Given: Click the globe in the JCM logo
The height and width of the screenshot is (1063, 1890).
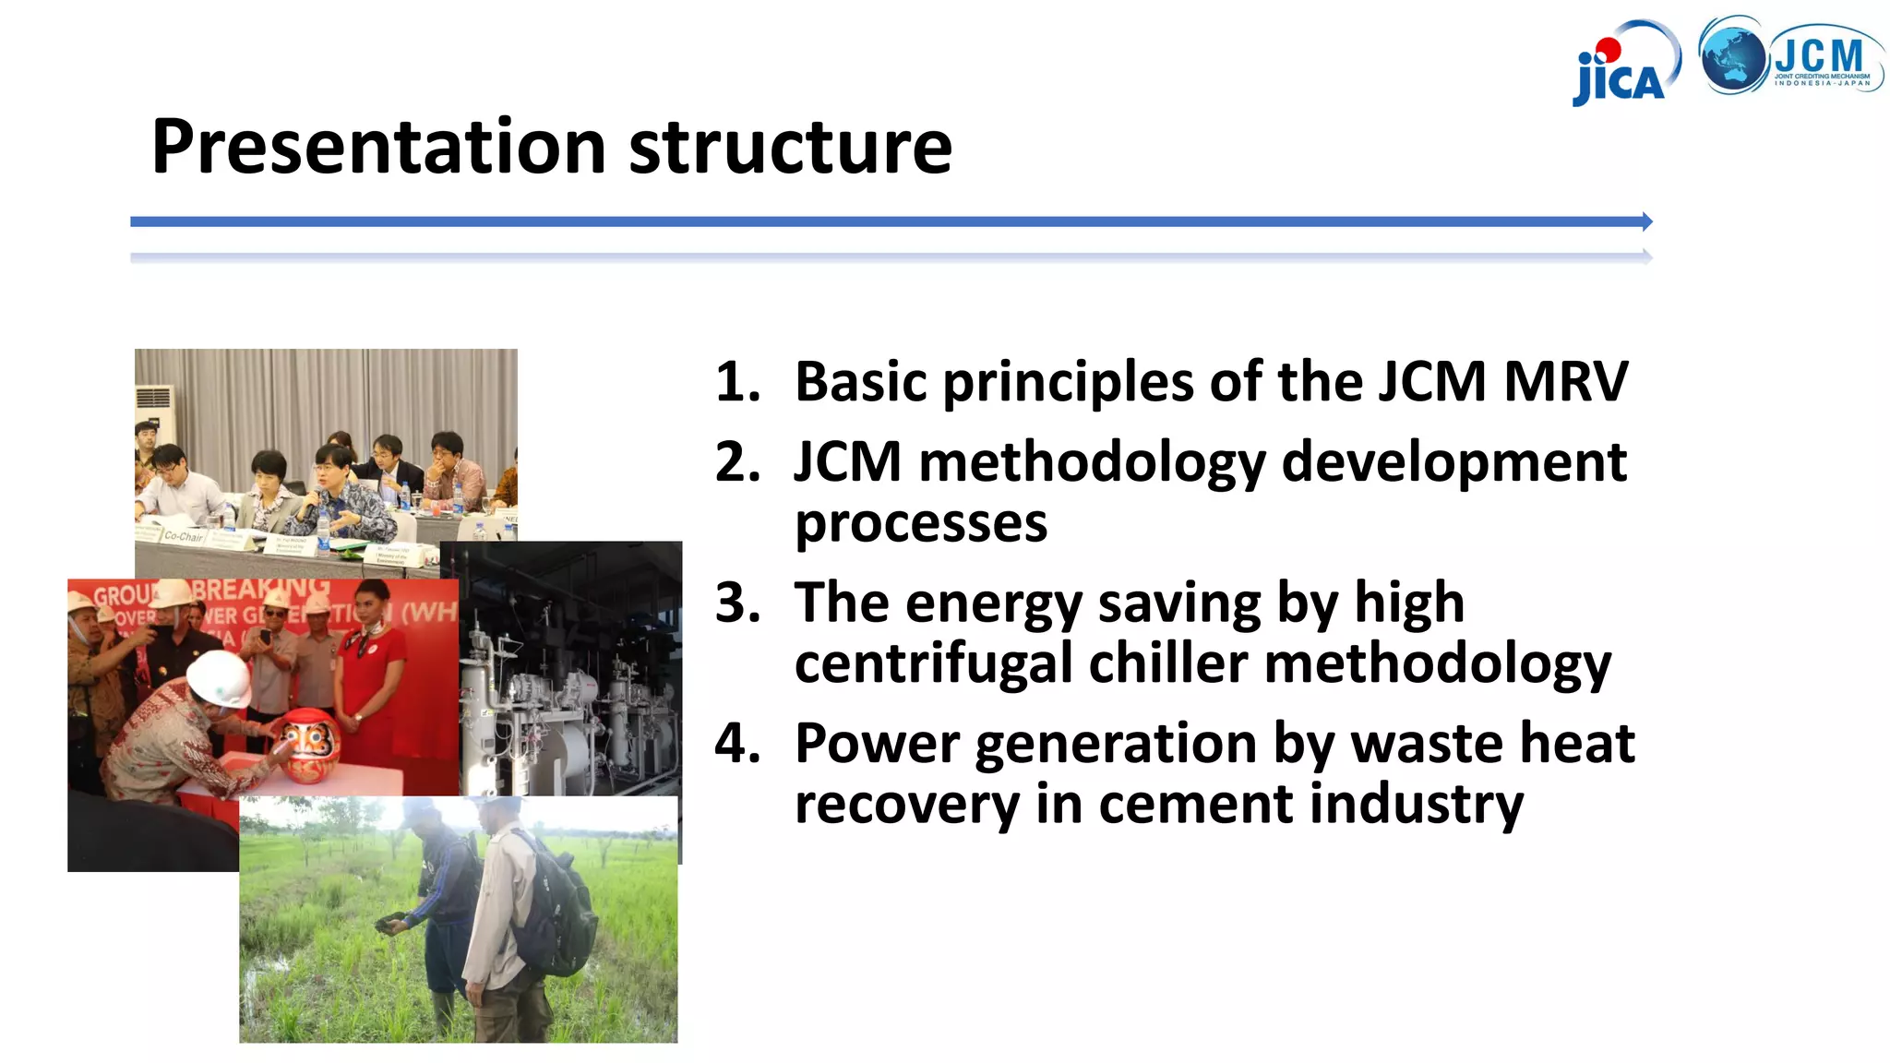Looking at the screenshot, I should pos(1732,56).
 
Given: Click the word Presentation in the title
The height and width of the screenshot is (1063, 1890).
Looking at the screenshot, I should pos(378,148).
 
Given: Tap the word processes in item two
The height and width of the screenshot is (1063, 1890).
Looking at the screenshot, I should pos(921,524).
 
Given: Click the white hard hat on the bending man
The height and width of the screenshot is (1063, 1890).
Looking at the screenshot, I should pos(220,678).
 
